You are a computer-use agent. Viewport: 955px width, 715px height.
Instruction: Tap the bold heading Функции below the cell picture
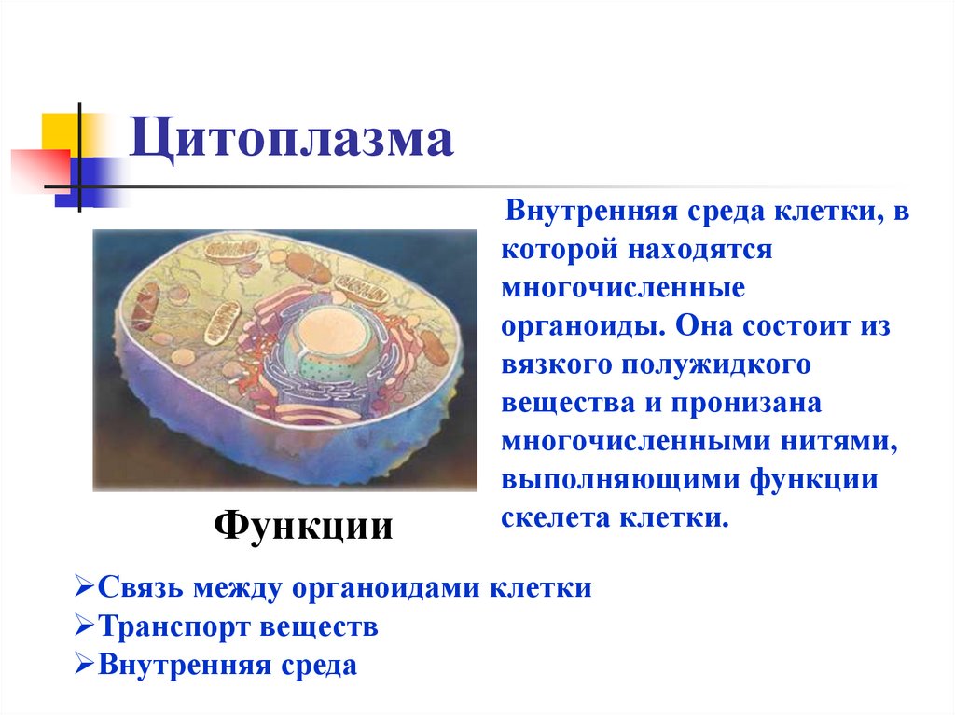click(x=304, y=527)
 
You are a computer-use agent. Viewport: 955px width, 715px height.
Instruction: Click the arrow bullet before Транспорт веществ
click(x=81, y=626)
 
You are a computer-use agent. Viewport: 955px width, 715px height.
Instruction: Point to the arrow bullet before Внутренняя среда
click(x=81, y=665)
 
